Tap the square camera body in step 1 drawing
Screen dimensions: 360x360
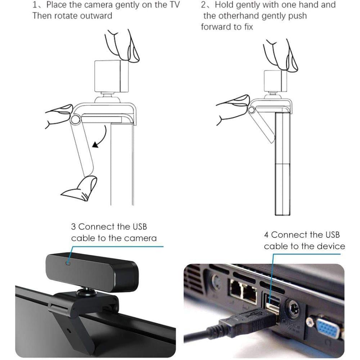click(x=111, y=76)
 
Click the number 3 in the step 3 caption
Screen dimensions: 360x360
click(x=73, y=227)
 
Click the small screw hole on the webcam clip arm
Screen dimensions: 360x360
click(x=69, y=330)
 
